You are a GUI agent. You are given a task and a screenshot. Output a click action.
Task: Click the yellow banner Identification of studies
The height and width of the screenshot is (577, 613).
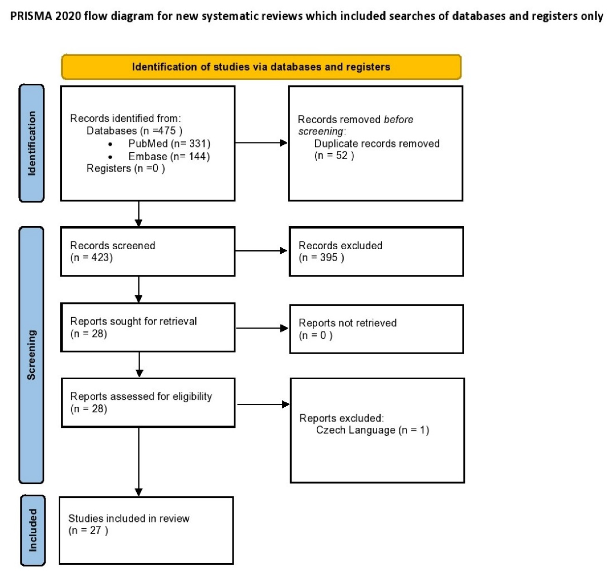(x=261, y=67)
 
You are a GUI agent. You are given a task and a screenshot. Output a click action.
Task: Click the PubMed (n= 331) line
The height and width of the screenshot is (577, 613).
(x=169, y=144)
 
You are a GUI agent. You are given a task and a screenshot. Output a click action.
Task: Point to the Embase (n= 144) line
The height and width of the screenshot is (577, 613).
(x=169, y=157)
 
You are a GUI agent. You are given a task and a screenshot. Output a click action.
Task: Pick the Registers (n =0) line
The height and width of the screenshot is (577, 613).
(x=126, y=168)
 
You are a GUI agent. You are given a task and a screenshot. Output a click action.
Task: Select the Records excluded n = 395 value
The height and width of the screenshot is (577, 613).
(x=321, y=257)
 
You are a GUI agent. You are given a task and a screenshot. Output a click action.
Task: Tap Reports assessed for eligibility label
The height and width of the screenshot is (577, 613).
(x=141, y=397)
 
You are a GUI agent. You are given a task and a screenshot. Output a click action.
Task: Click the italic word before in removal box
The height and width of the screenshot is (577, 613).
(x=398, y=119)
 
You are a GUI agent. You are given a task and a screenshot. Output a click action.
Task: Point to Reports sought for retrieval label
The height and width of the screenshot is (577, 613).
(x=133, y=321)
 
